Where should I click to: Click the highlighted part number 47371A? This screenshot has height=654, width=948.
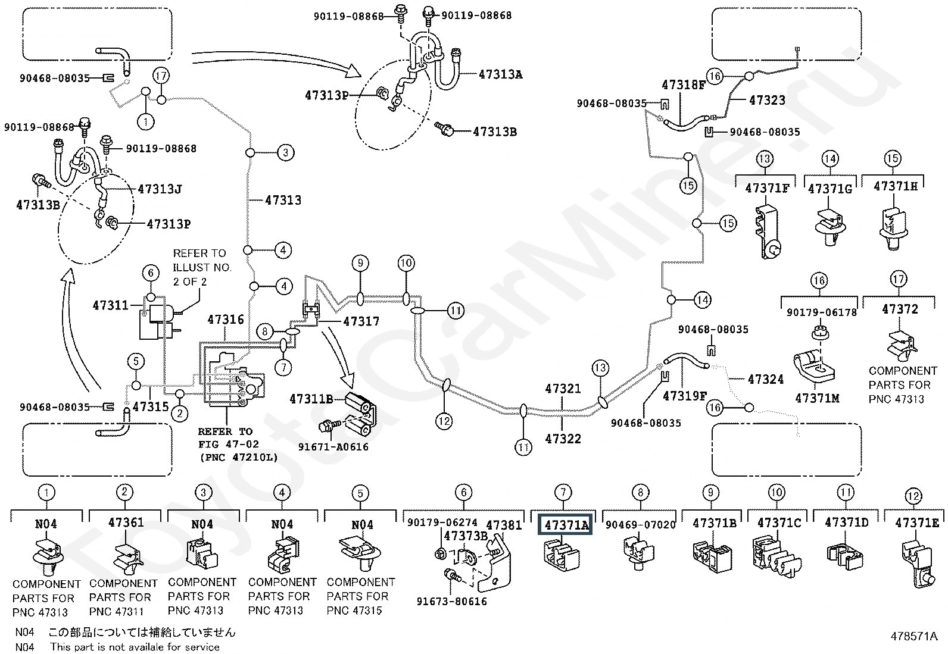565,524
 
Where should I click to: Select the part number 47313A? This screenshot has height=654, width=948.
500,74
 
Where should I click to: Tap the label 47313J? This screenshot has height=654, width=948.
160,189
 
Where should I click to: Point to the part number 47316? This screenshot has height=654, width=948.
226,320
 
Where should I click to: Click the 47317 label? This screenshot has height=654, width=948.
361,321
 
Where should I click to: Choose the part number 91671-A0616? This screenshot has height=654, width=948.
333,447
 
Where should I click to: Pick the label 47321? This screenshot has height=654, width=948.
563,389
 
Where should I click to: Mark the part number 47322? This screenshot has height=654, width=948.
563,439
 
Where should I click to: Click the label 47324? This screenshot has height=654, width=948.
766,379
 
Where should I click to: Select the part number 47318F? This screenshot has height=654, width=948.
684,85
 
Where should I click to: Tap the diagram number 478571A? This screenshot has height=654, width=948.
913,636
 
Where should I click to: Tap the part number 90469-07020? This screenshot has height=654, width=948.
640,525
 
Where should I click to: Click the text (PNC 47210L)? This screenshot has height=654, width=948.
239,457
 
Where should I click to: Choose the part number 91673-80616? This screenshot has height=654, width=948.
451,602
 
